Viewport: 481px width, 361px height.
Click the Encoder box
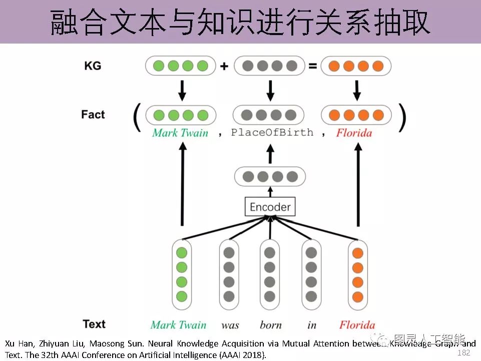click(x=270, y=207)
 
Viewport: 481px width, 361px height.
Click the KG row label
click(x=93, y=66)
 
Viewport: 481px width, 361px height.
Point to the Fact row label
click(x=93, y=115)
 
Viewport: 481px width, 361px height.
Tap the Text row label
click(x=94, y=324)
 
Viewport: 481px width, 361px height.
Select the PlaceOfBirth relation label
click(x=272, y=132)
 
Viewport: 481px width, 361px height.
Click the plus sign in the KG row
click(x=224, y=66)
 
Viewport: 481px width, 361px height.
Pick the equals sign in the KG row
click(x=313, y=66)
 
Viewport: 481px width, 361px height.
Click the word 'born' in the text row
click(x=271, y=325)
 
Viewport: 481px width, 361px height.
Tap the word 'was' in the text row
click(x=230, y=325)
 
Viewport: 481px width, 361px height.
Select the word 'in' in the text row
click(x=312, y=325)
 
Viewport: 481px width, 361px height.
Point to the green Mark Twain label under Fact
click(x=180, y=133)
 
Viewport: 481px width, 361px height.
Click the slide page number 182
click(x=464, y=353)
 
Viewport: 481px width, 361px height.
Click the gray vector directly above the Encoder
click(x=270, y=177)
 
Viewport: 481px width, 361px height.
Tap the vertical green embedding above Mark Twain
click(x=182, y=274)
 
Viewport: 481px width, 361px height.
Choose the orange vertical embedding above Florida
click(x=357, y=274)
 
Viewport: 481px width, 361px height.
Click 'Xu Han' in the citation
click(x=19, y=344)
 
